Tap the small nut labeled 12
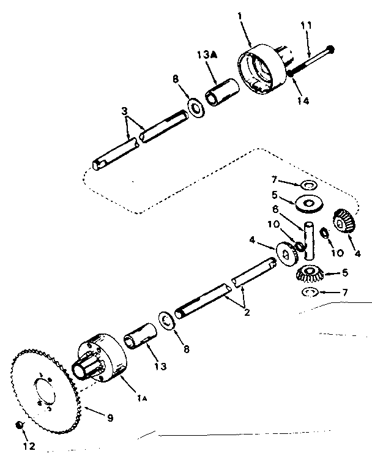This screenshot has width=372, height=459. coord(20,425)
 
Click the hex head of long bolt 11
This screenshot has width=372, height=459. coord(331,49)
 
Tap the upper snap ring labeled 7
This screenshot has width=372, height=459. coord(307,184)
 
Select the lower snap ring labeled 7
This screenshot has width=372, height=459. coord(311,293)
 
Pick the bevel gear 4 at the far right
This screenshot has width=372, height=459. coord(344,220)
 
